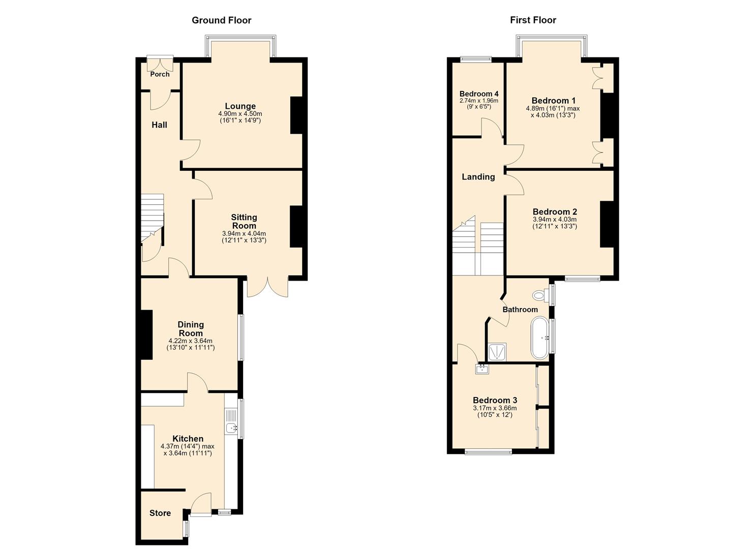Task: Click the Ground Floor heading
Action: click(x=222, y=20)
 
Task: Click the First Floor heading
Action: click(x=533, y=20)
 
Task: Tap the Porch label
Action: click(x=160, y=74)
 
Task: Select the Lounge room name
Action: click(x=240, y=106)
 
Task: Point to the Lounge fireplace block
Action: click(x=296, y=115)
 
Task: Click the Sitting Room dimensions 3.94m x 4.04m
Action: click(x=244, y=233)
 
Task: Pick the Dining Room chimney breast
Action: click(x=146, y=334)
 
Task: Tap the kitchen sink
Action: click(x=231, y=428)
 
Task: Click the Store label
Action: click(x=160, y=513)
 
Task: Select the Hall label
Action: click(x=160, y=125)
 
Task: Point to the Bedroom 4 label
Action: click(x=479, y=94)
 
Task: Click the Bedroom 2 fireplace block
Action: click(x=607, y=225)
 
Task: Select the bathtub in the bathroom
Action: click(x=540, y=338)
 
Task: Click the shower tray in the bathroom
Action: click(x=497, y=352)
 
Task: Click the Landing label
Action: click(x=478, y=177)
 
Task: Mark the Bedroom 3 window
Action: click(x=489, y=451)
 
